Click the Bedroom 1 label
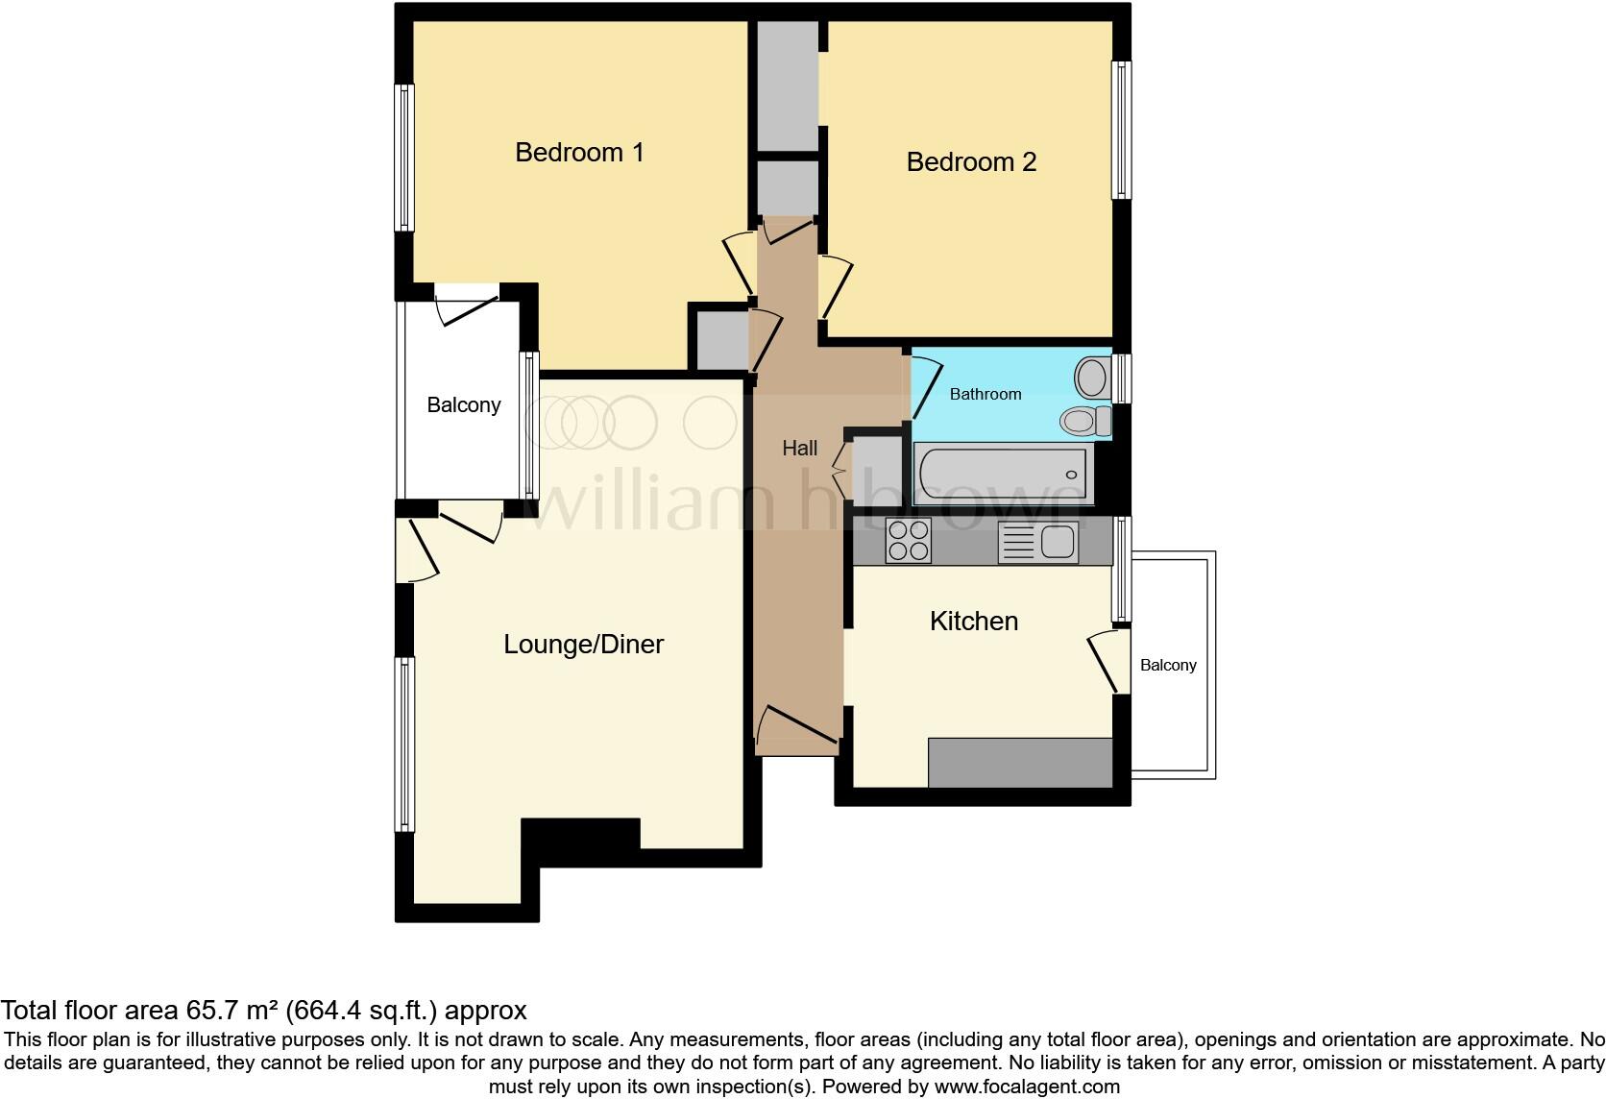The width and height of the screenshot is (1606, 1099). [x=579, y=152]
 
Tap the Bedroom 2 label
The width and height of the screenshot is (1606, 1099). [x=971, y=161]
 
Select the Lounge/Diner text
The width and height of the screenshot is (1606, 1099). [x=583, y=644]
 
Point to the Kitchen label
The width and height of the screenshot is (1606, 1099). [x=973, y=621]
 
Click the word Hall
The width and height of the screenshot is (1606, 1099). [x=799, y=448]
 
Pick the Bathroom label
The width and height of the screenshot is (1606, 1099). [x=985, y=394]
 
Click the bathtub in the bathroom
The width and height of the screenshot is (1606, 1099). [x=1002, y=473]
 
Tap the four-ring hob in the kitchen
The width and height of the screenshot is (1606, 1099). [x=908, y=540]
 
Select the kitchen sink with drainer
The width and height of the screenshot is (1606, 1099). [x=1037, y=541]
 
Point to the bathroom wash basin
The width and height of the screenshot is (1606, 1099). [x=1091, y=378]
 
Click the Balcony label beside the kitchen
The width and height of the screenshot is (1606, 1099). [x=1168, y=665]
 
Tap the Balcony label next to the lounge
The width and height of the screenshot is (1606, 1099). [x=463, y=404]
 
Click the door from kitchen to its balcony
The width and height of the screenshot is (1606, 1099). [x=1105, y=661]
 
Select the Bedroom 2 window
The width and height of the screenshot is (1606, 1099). [x=1120, y=130]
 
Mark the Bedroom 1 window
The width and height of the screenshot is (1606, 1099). [x=405, y=158]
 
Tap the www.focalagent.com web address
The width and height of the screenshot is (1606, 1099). [x=1027, y=1087]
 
